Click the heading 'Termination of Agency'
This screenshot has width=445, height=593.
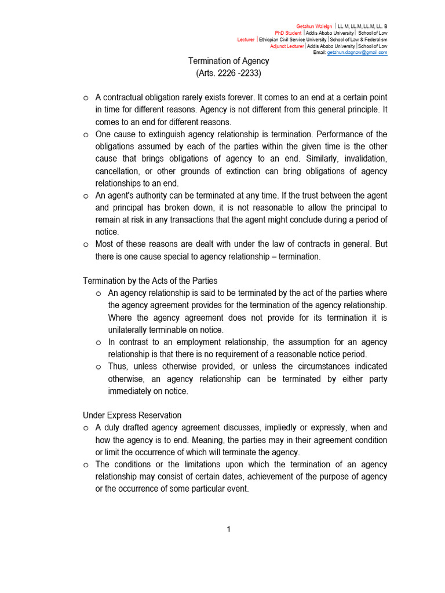point(229,61)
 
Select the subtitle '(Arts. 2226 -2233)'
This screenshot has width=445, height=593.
point(229,74)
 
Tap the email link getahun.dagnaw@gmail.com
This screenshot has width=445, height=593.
point(358,52)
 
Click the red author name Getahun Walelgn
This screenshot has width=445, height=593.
point(313,27)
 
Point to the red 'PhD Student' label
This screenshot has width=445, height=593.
point(288,33)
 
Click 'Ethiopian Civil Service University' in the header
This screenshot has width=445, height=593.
point(293,39)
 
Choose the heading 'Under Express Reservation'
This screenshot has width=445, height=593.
point(132,415)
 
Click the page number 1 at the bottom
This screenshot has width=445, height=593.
point(229,529)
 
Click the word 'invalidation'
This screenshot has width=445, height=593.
point(363,159)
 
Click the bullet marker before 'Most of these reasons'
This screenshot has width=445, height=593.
point(86,244)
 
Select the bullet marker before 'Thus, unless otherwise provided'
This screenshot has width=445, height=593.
point(99,367)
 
